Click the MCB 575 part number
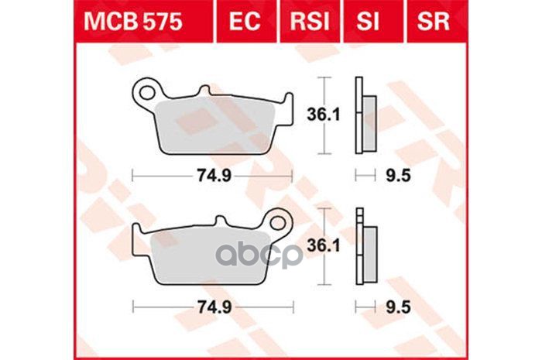click(x=133, y=22)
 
